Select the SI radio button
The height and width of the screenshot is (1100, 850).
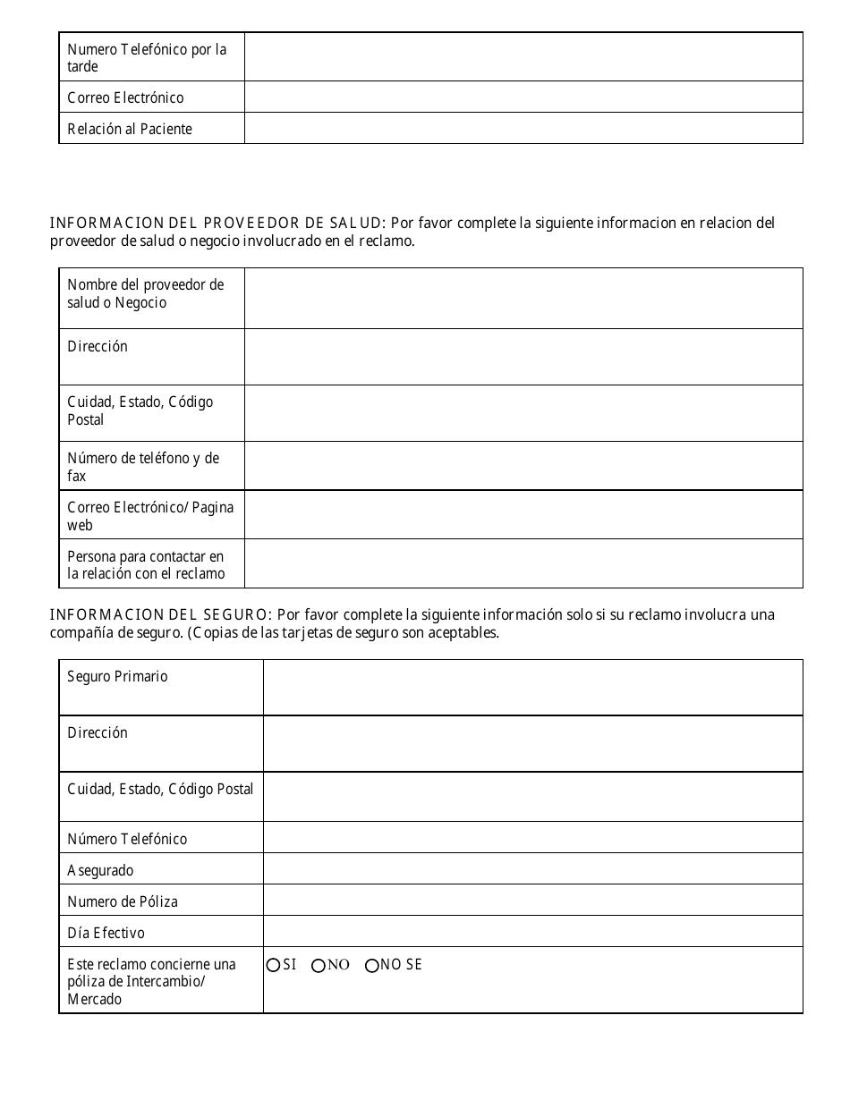tap(274, 965)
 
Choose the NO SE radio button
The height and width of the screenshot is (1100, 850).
tap(372, 965)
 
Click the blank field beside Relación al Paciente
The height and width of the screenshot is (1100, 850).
tap(523, 128)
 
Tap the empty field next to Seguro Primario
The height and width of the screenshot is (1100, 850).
tap(532, 687)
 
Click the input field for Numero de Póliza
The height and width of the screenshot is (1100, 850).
tap(532, 901)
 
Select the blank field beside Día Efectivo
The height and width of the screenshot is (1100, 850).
tap(532, 932)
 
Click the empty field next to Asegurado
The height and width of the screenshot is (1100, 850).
tap(532, 869)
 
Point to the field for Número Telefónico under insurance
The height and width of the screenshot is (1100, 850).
tap(532, 838)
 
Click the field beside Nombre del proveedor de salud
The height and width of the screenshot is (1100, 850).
tap(523, 298)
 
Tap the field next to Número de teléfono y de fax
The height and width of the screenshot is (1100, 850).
tap(523, 466)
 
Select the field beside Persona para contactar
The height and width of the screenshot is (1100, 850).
tap(523, 563)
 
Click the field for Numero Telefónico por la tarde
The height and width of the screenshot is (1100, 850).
tap(523, 57)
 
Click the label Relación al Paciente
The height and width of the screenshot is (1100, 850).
tap(130, 129)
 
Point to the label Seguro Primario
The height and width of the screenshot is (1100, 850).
tap(117, 677)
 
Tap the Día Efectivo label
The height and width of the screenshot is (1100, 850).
tap(106, 933)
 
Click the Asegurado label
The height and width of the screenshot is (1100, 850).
tap(100, 870)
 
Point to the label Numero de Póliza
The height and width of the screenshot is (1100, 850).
tap(123, 901)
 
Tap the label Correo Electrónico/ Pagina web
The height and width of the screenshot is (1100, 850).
tap(150, 516)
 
